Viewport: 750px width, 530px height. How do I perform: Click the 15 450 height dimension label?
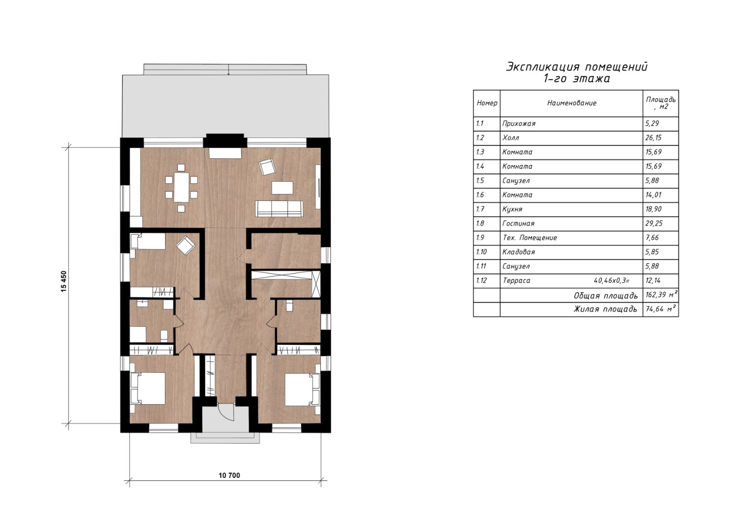click(64, 281)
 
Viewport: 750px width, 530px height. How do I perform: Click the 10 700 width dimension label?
click(229, 475)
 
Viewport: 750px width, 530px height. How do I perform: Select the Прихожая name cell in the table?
click(519, 124)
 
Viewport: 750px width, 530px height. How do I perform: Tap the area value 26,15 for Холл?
click(653, 138)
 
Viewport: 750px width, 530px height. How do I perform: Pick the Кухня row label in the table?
click(512, 209)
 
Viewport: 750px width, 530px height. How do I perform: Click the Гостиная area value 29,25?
click(654, 223)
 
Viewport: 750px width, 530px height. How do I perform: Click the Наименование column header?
click(572, 103)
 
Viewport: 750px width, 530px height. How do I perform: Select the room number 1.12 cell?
click(481, 280)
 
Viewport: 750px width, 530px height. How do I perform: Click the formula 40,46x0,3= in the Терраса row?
click(611, 280)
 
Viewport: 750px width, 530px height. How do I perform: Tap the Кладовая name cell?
click(519, 252)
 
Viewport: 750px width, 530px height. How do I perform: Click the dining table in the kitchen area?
click(181, 187)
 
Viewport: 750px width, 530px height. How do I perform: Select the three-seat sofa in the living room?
click(279, 209)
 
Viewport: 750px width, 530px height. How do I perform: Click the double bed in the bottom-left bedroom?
click(148, 389)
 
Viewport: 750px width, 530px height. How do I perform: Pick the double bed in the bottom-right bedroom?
click(303, 390)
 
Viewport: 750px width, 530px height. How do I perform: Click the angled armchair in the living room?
click(267, 167)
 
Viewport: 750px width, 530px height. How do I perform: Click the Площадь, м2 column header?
click(661, 103)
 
